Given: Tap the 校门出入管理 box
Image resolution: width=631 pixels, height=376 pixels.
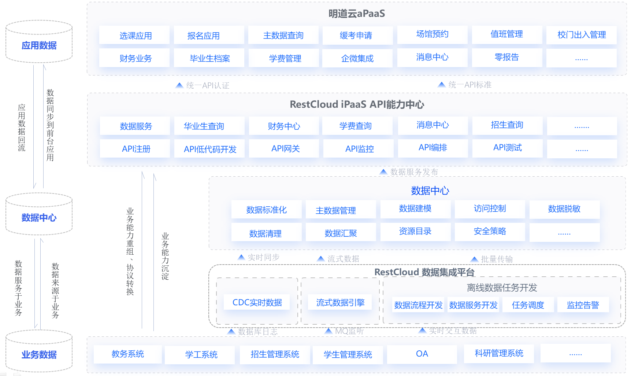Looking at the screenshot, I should pos(581,35).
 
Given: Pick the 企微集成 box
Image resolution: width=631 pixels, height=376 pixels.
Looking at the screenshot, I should pos(357,58).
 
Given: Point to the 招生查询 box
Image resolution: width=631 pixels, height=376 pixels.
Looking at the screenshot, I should pos(507,125).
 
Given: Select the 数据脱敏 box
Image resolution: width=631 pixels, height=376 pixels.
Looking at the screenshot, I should pos(564,209).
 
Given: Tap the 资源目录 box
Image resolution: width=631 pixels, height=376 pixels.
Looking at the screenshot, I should pos(415,232).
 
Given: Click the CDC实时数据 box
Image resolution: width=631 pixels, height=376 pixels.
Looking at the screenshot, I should pos(257,302).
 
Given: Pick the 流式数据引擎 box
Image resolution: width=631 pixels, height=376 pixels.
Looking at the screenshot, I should pos(340,302).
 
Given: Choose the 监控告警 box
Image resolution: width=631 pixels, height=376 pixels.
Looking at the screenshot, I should pos(583,305).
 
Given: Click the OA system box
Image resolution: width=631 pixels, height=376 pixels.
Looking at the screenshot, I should pos(422,354).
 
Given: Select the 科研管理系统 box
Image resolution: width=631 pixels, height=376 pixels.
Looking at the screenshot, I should pos(499,354).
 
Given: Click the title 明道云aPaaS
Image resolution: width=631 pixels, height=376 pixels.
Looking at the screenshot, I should pos(357,14).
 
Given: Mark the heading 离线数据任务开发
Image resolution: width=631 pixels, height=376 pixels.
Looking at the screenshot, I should pos(502,288).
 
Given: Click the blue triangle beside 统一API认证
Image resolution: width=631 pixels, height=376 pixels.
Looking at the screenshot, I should pos(179,85).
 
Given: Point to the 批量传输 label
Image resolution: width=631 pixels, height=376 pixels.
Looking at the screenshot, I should pos(497,259).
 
